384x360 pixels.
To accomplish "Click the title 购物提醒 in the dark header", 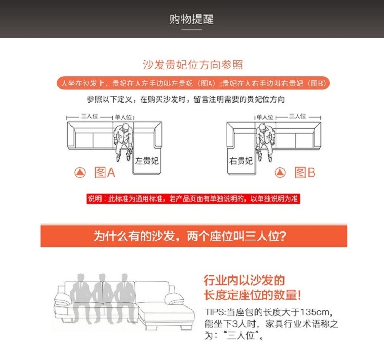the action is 192,19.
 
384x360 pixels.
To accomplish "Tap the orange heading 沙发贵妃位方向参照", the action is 193,65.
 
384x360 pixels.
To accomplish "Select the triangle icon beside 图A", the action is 80,172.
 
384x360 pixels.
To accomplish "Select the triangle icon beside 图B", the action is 280,172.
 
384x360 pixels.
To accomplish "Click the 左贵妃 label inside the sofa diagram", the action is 147,161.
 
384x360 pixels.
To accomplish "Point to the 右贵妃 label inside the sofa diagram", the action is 241,161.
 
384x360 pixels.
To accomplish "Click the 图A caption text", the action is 105,172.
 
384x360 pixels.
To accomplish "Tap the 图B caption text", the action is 305,172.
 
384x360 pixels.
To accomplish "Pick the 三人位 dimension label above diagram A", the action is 89,116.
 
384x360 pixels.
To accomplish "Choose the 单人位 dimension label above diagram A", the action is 123,117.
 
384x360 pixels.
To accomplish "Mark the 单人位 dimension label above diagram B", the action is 265,117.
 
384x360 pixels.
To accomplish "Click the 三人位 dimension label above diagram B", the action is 297,116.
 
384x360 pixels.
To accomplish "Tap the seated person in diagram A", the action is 123,142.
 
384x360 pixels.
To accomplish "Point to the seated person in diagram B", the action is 264,142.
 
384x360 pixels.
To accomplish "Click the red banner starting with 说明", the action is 193,199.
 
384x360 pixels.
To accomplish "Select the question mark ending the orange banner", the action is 282,237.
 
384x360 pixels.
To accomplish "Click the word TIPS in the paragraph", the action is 214,312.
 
